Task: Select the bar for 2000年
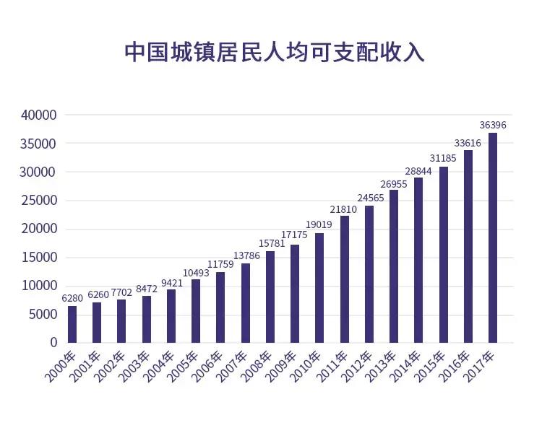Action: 72,324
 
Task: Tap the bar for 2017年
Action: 493,237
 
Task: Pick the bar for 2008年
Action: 270,297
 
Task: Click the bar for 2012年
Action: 369,274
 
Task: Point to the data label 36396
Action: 493,125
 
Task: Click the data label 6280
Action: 72,298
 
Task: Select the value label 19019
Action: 319,225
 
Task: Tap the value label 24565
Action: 369,198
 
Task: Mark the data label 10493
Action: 196,272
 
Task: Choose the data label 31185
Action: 443,159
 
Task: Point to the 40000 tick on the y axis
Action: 39,115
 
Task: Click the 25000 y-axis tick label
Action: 39,200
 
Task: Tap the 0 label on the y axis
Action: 53,342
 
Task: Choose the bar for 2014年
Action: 418,260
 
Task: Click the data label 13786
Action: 245,256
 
